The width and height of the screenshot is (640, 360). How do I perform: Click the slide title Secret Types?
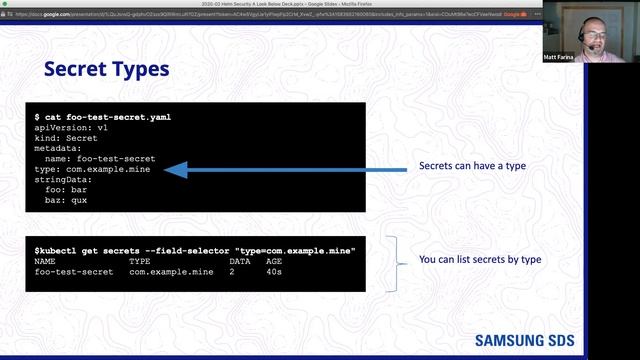tap(107, 69)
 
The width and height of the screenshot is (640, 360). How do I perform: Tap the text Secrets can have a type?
tap(472, 165)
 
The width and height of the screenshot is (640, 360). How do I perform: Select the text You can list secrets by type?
tap(480, 260)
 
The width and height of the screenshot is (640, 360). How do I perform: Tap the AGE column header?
tap(274, 260)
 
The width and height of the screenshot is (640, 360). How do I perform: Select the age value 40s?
tap(274, 271)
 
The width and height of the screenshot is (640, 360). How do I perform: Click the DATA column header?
tap(240, 260)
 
